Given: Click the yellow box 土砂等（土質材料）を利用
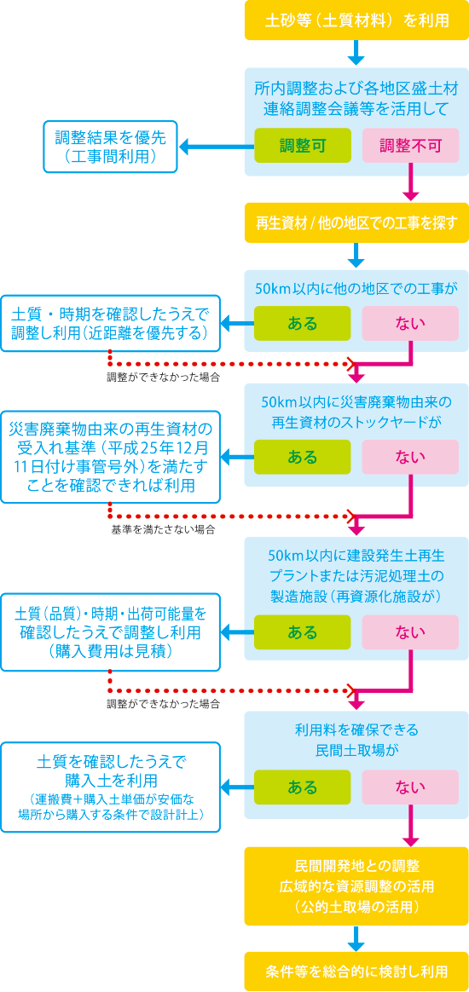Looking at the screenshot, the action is tap(356, 20).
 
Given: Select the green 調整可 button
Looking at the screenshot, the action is tap(303, 146).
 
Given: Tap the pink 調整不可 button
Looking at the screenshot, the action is tap(410, 146).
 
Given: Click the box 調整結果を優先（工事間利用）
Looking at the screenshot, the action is tap(110, 147).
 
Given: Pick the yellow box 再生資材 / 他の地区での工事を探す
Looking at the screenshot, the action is tap(356, 222).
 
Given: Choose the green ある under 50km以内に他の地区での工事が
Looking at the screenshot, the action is tap(303, 323).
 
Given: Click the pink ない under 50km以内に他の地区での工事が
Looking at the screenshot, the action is tap(410, 323).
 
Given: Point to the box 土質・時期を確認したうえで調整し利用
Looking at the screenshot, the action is tap(110, 323).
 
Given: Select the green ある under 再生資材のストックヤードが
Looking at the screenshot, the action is tap(303, 457).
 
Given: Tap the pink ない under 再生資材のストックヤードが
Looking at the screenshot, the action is tap(410, 457).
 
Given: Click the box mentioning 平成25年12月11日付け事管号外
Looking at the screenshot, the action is tap(110, 457).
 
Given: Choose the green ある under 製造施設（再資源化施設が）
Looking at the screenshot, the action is tap(303, 632).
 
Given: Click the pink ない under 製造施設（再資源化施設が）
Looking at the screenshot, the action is tap(410, 632).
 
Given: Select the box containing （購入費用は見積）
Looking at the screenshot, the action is tap(110, 632).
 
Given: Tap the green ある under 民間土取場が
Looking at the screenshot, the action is tap(303, 787).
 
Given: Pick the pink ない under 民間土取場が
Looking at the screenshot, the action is tap(410, 787).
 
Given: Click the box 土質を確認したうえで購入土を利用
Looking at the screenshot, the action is tap(110, 787).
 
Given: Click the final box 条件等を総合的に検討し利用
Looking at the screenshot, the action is tap(356, 972).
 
